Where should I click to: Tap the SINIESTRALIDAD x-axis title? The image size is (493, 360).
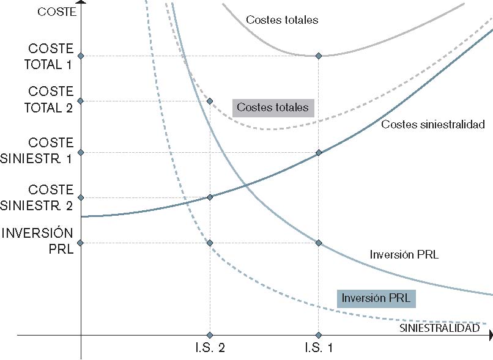click(439, 328)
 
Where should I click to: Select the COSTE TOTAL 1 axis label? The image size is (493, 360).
click(51, 56)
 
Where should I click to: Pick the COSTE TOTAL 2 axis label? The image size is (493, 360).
click(51, 100)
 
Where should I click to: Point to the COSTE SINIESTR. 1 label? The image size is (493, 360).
click(46, 150)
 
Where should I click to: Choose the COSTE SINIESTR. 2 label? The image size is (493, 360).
click(46, 197)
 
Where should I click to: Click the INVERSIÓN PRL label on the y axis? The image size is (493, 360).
click(38, 241)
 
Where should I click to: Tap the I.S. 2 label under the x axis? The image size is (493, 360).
click(209, 348)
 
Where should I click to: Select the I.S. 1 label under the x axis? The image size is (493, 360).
click(318, 348)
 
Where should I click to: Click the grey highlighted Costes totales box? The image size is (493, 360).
click(273, 108)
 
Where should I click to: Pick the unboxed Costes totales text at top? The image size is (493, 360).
click(282, 20)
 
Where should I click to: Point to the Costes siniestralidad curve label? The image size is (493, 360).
click(432, 125)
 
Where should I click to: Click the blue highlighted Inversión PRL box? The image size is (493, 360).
click(376, 298)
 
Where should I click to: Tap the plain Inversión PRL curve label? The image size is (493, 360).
click(404, 254)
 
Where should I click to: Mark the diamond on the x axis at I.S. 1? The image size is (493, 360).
click(318, 335)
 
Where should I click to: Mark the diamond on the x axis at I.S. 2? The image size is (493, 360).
click(210, 335)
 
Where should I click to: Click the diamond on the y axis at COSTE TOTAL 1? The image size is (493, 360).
click(81, 56)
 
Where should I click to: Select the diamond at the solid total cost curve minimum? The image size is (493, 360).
click(318, 56)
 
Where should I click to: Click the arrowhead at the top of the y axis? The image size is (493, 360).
click(81, 4)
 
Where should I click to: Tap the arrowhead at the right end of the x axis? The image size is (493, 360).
click(491, 335)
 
